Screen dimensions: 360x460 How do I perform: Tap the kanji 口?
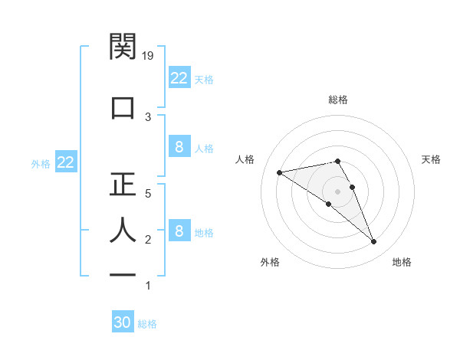(x=123, y=106)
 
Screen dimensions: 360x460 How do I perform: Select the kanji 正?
(x=123, y=184)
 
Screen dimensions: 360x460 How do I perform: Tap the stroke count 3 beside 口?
(x=149, y=117)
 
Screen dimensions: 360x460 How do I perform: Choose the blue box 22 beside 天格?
(x=179, y=78)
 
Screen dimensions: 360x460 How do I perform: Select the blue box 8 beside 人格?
(x=179, y=147)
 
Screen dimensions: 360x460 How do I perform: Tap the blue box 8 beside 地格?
(x=179, y=231)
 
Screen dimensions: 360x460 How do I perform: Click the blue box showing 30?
(x=123, y=323)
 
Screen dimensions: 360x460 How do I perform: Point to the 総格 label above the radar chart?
(x=338, y=100)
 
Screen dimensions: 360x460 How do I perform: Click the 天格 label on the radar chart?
(x=432, y=159)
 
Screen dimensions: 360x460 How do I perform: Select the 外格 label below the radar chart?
(x=270, y=262)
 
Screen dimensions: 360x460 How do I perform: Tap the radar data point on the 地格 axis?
(x=374, y=242)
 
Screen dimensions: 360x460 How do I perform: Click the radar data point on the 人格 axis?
(x=280, y=172)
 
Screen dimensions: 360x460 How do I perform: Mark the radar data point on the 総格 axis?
(x=338, y=161)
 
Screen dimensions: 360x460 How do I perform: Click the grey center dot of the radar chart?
(x=338, y=191)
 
